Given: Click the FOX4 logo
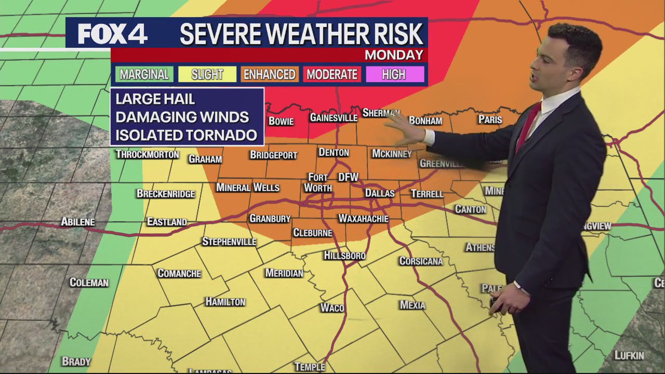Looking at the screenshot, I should (x=113, y=34).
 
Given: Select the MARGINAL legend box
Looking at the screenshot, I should (x=144, y=74).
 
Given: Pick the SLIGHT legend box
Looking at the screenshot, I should (x=207, y=74).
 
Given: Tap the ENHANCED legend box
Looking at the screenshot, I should (x=270, y=74).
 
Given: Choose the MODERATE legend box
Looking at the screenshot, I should (x=332, y=74).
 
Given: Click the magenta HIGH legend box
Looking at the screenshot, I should (x=394, y=74).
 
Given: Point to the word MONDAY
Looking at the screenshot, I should (x=394, y=55).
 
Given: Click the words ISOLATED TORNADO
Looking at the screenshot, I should (x=186, y=136).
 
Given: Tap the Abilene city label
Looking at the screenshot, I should (x=78, y=222).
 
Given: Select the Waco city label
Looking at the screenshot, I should (x=332, y=308).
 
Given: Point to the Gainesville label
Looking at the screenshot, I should (x=334, y=118).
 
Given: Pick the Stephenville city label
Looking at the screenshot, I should (x=229, y=242).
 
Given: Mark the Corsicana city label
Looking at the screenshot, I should (x=421, y=261).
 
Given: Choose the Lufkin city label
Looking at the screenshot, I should (x=629, y=355).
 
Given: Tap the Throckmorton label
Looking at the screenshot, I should (x=148, y=154).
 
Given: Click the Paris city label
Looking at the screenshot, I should (x=490, y=119).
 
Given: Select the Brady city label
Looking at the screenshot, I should (x=76, y=361).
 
